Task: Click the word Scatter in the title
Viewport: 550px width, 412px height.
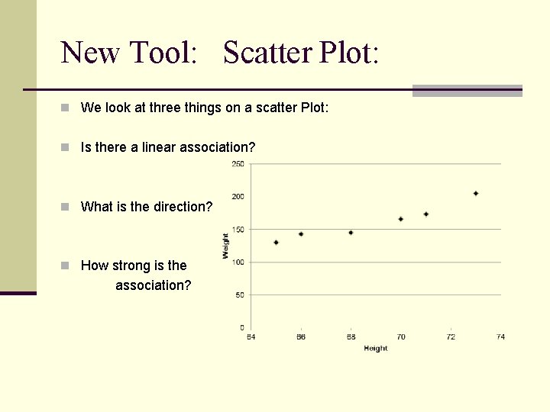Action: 267,53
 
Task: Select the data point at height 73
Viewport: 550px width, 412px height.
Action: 475,194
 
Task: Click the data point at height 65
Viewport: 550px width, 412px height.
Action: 276,243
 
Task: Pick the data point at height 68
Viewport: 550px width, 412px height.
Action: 351,233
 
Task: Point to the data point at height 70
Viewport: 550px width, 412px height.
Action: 400,219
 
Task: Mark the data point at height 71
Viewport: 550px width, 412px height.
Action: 425,214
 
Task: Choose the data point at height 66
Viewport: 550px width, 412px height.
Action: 301,234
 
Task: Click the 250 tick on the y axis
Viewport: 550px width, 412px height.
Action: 238,164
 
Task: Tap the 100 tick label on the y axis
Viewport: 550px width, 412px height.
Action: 238,262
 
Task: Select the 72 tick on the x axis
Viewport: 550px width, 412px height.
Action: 451,337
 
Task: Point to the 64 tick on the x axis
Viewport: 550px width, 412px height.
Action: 251,337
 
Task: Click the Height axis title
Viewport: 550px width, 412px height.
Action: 375,349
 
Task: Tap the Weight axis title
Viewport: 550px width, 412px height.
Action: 226,246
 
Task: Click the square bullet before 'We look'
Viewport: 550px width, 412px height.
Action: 67,108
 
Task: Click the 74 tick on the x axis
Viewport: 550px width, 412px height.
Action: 500,337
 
